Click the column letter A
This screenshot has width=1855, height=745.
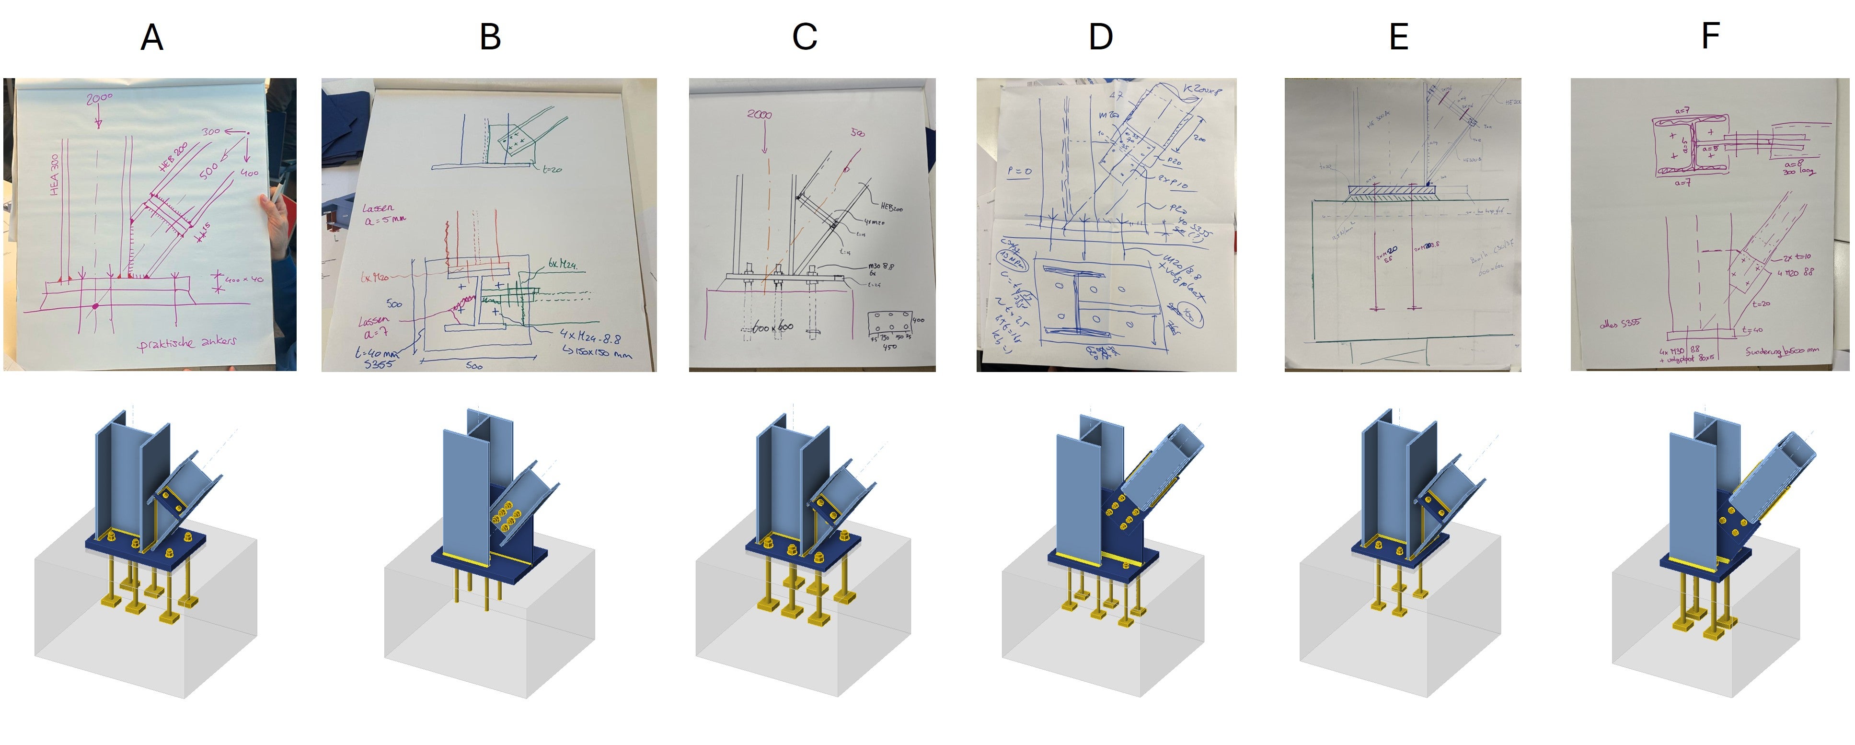pyautogui.click(x=152, y=37)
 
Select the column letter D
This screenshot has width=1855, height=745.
pyautogui.click(x=1100, y=37)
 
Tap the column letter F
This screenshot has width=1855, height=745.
pyautogui.click(x=1710, y=35)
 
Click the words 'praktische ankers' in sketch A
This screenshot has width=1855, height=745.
pyautogui.click(x=187, y=342)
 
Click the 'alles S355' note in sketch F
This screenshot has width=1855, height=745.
pyautogui.click(x=1620, y=324)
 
